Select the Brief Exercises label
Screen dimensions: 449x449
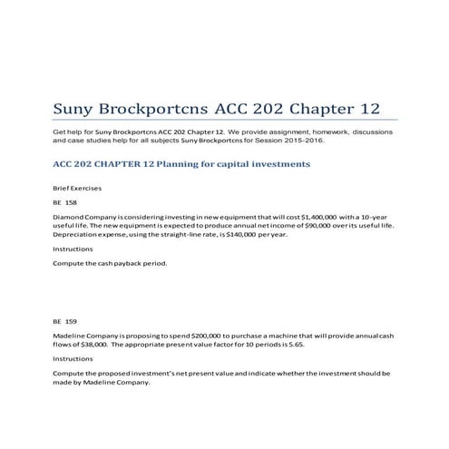(x=77, y=187)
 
